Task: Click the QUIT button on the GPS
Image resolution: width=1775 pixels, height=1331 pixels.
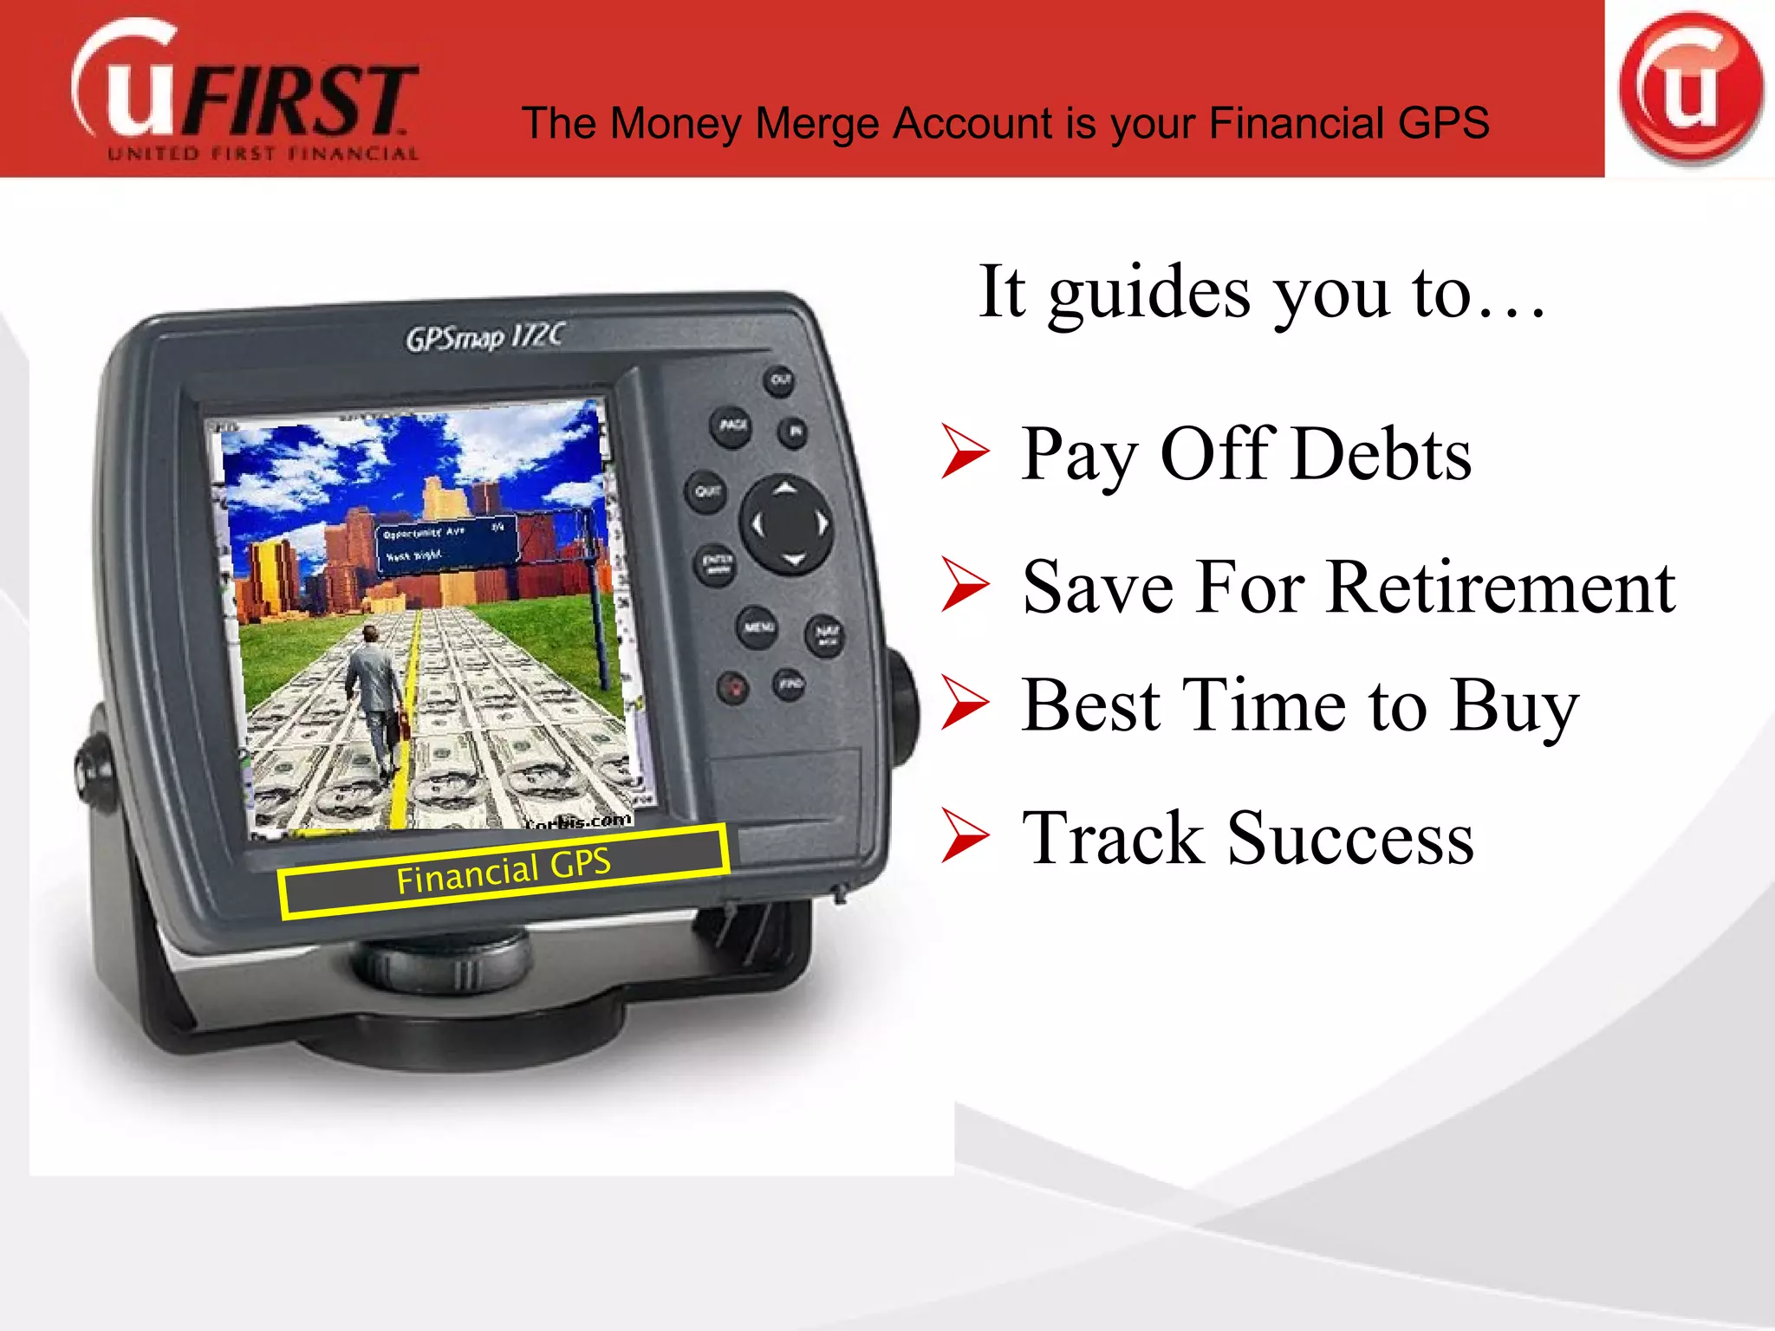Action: point(707,492)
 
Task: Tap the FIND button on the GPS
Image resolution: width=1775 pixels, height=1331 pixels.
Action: point(789,685)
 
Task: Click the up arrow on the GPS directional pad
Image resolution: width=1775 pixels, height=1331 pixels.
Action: point(785,489)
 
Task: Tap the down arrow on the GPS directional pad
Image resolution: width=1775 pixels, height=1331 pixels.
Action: point(793,559)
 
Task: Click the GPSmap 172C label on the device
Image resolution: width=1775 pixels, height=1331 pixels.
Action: point(485,336)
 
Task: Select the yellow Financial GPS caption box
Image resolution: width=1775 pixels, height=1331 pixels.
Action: point(503,870)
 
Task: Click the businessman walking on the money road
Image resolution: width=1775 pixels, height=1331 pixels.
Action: point(374,693)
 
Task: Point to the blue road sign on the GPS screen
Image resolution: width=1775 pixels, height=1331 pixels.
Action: point(446,543)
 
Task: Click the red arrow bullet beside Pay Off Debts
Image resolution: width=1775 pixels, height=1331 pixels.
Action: point(964,452)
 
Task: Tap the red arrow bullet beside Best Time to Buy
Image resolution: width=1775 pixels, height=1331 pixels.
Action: point(964,704)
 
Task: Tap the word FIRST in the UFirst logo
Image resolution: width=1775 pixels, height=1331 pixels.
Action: point(299,101)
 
